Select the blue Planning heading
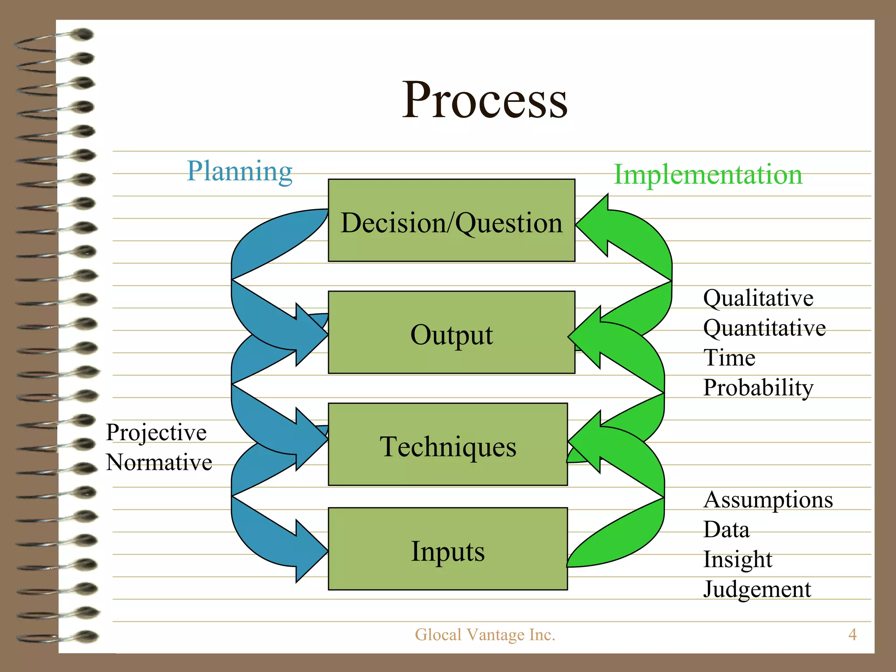(239, 171)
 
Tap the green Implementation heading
(708, 175)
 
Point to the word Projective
(156, 433)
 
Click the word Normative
(159, 462)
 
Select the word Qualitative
(758, 298)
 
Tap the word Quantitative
(764, 328)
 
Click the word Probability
(758, 388)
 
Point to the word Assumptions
(768, 500)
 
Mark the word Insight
(738, 560)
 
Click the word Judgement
(757, 589)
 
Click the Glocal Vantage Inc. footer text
(485, 635)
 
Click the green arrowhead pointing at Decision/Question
(595, 225)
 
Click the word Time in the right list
(729, 358)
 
